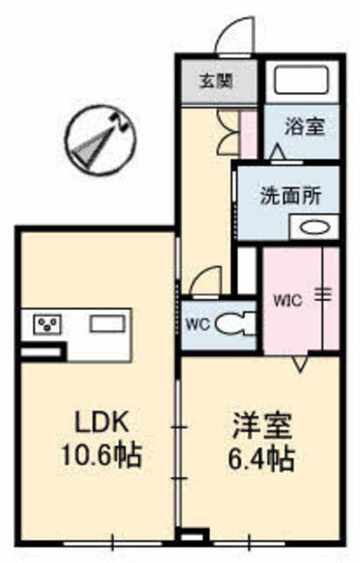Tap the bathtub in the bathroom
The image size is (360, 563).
tap(302, 81)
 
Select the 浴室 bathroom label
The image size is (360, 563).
tap(305, 127)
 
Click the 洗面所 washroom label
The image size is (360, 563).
tap(290, 196)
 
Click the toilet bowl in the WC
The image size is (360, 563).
tap(234, 325)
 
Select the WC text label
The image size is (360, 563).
tap(198, 325)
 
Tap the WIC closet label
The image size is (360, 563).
tap(288, 301)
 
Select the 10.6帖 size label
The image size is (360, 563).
tap(101, 455)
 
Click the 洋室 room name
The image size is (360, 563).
tap(261, 426)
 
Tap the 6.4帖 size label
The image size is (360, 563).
tap(261, 458)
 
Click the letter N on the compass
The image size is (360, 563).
tap(121, 123)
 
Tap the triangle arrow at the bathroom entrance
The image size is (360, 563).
tap(278, 152)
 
